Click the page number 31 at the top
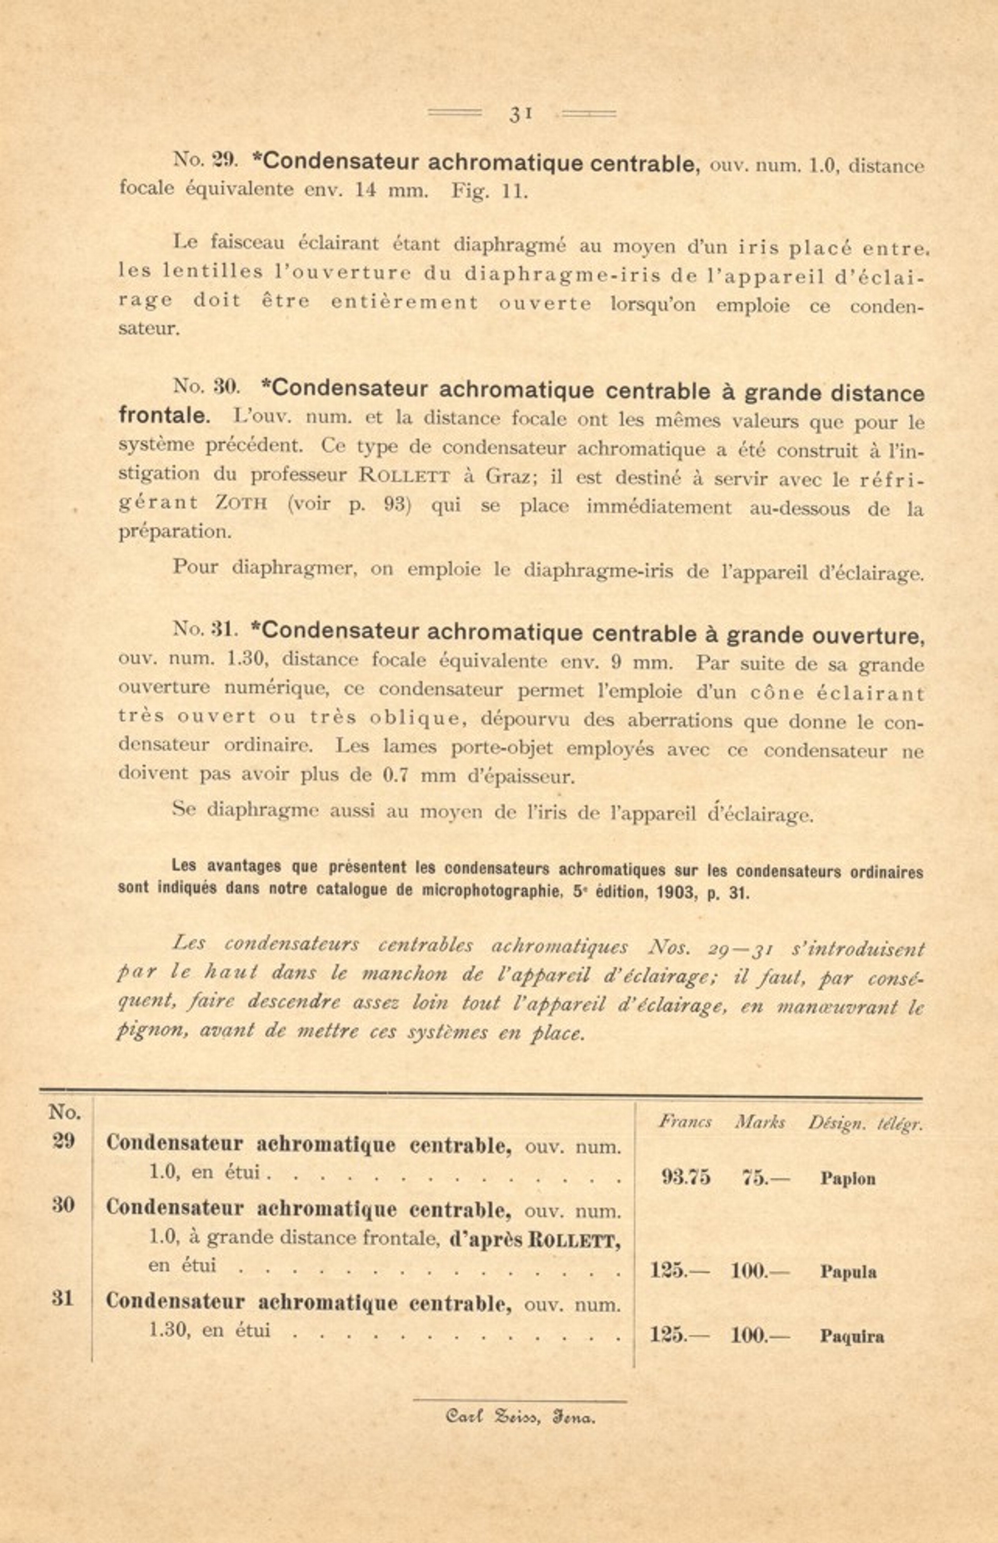click(520, 113)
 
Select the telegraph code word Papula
click(848, 1272)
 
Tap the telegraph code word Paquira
click(851, 1336)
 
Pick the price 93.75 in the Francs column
click(686, 1177)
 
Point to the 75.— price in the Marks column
click(765, 1177)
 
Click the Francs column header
click(685, 1122)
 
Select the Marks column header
click(759, 1122)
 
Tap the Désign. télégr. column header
click(864, 1123)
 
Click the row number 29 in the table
click(63, 1141)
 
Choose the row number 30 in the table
click(63, 1205)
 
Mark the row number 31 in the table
click(63, 1298)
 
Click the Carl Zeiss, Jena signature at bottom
click(520, 1417)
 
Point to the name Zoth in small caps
click(241, 503)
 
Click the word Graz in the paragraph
click(507, 475)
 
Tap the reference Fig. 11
click(490, 191)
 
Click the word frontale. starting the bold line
click(164, 415)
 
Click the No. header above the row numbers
click(64, 1112)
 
